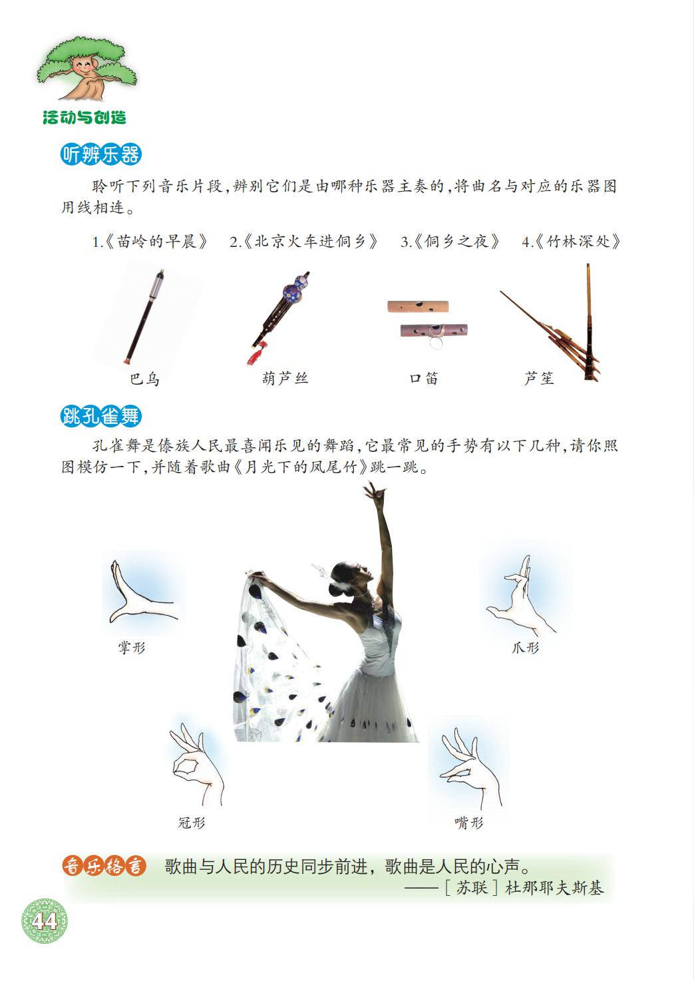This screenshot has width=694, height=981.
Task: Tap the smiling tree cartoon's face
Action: click(83, 67)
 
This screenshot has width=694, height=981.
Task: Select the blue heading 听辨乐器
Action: click(101, 154)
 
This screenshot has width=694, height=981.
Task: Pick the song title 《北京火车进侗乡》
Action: click(310, 242)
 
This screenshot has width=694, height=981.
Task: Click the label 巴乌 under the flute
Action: click(145, 379)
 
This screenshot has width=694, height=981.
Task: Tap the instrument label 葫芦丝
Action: click(285, 378)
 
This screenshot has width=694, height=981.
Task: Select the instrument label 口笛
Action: click(424, 378)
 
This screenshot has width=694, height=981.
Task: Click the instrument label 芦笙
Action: click(540, 378)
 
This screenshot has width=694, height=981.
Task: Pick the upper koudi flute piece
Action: click(418, 306)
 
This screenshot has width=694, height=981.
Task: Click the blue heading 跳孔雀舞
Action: click(101, 416)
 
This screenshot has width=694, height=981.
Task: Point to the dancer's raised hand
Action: click(374, 491)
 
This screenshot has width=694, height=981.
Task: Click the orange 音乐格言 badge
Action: click(104, 867)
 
